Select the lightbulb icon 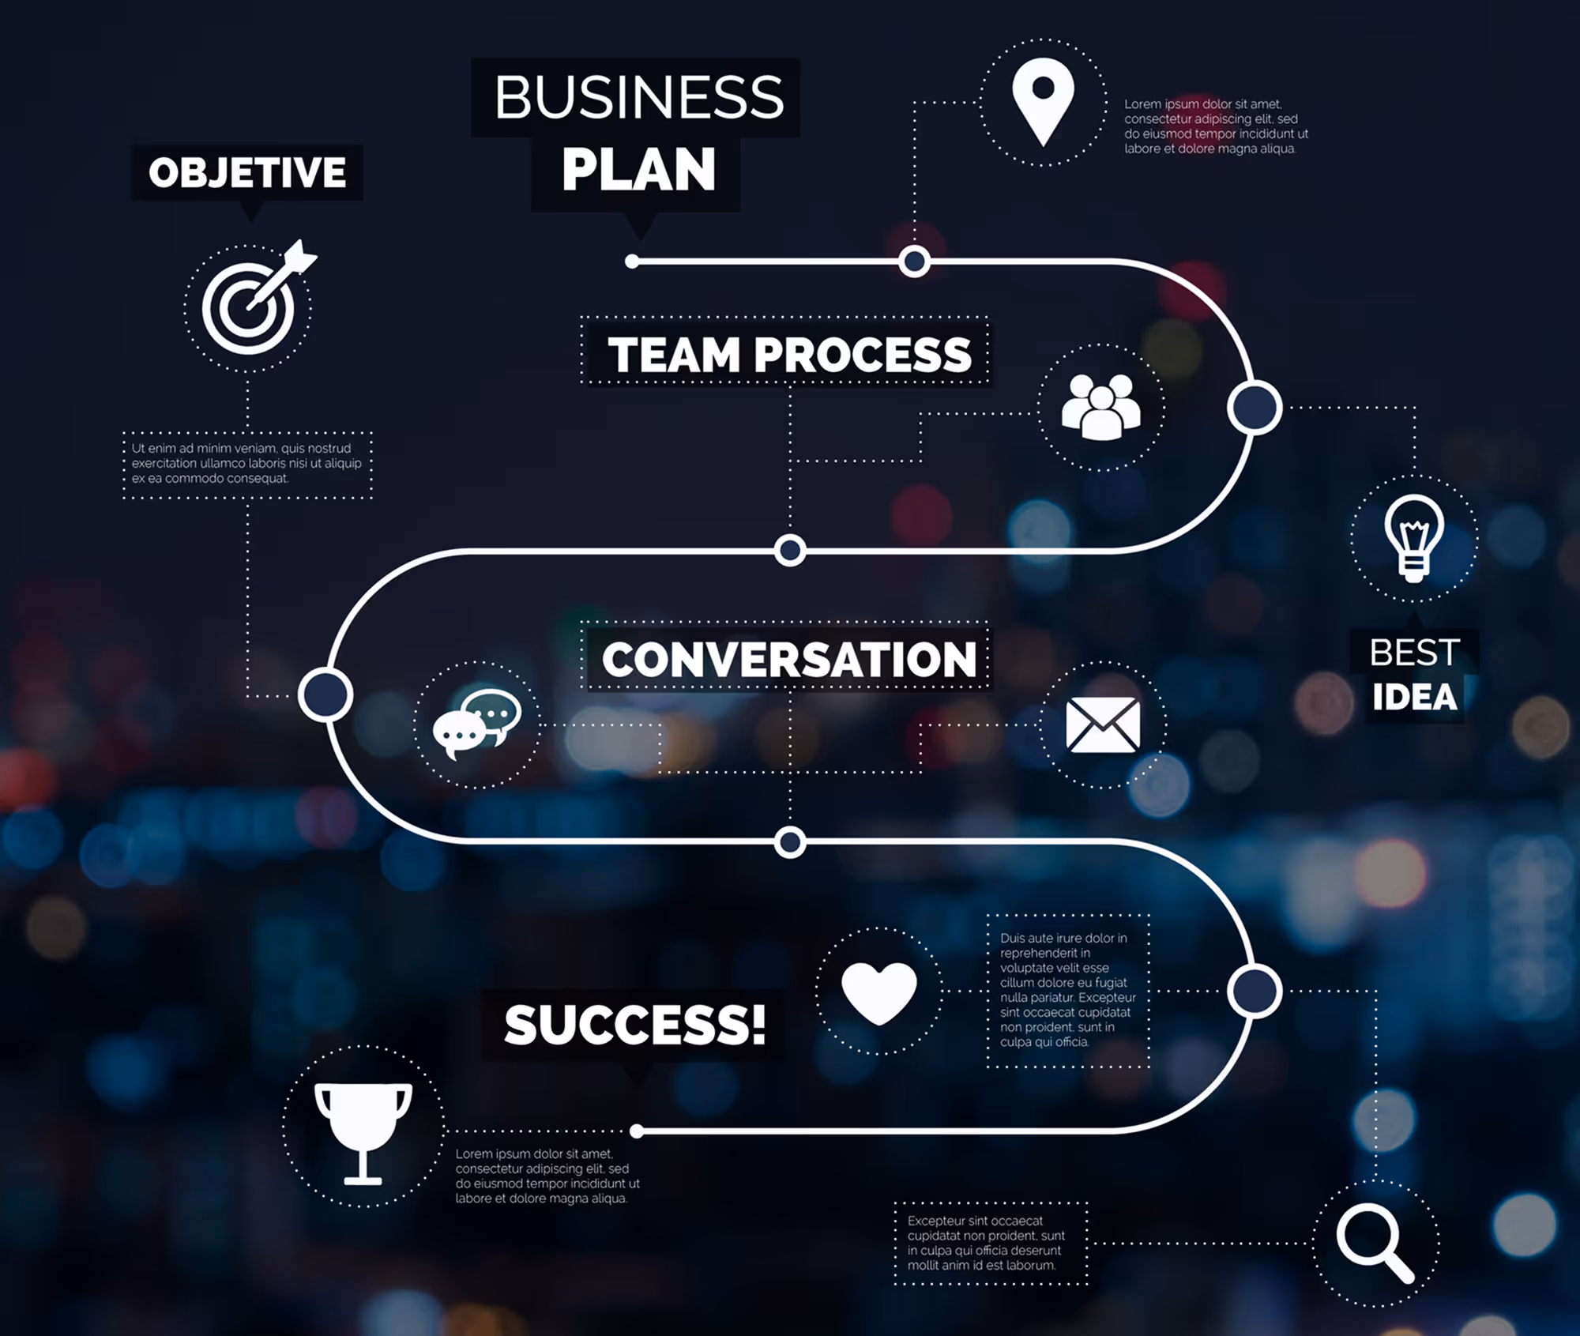[x=1414, y=538]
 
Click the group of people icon [x=1100, y=407]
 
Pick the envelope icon [x=1103, y=724]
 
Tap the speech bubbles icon [x=477, y=724]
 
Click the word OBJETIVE [x=247, y=172]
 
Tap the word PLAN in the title [x=638, y=170]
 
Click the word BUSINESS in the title [x=639, y=97]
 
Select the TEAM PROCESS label [x=789, y=354]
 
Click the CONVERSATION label [x=789, y=660]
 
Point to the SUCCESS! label [x=635, y=1025]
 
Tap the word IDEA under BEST [x=1414, y=698]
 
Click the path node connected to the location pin [x=914, y=262]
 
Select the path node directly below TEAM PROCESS [x=790, y=551]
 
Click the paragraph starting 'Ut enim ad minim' [x=246, y=464]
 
